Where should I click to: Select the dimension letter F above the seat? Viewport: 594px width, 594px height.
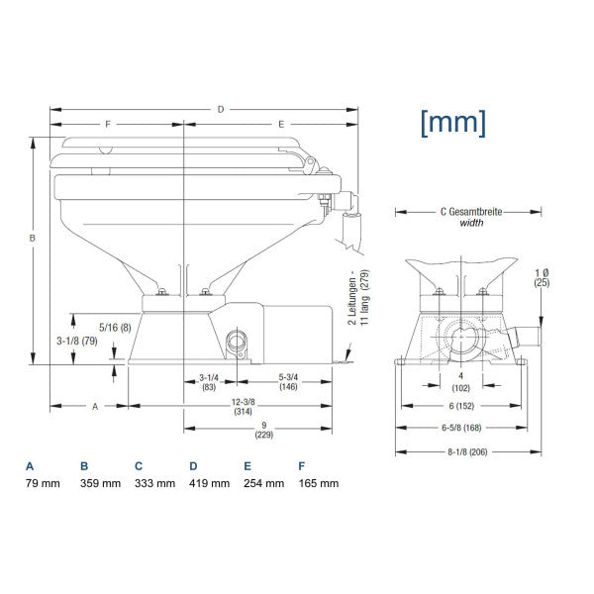click(x=108, y=125)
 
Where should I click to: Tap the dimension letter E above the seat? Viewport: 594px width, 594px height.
click(x=281, y=125)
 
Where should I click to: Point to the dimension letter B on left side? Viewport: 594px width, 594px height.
click(x=32, y=239)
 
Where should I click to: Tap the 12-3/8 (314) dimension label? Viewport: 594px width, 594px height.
click(x=243, y=407)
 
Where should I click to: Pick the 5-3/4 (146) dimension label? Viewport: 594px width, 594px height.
click(x=289, y=382)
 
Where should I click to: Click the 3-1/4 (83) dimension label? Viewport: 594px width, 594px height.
click(x=209, y=382)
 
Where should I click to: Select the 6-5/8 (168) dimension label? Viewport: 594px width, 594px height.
click(x=461, y=428)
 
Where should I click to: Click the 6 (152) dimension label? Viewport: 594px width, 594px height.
click(x=461, y=405)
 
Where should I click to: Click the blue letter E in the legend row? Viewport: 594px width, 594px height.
click(x=247, y=465)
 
